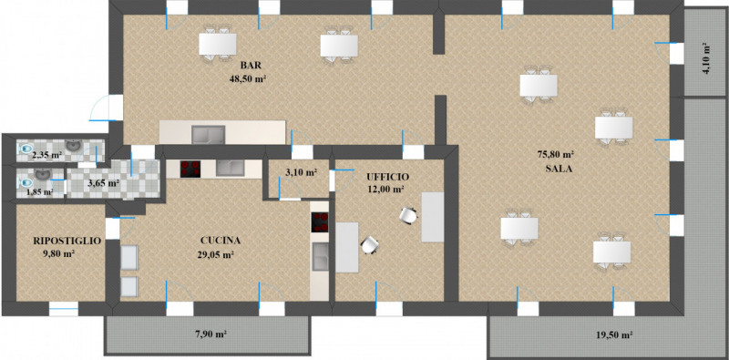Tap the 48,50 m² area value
tap(247, 78)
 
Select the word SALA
tap(559, 169)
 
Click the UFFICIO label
tap(387, 177)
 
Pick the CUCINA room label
tap(221, 241)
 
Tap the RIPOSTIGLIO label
tap(67, 241)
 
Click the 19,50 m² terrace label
tap(614, 334)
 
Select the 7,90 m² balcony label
tap(208, 334)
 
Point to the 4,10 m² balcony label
tap(707, 58)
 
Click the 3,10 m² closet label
tap(301, 172)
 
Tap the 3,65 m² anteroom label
tap(104, 183)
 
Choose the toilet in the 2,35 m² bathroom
tap(26, 149)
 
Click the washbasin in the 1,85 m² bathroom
tap(43, 174)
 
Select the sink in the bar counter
tap(209, 134)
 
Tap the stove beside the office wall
tap(320, 221)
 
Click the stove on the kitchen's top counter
tap(190, 169)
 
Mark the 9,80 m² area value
tap(58, 254)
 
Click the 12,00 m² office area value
tap(385, 190)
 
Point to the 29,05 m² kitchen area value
tap(215, 254)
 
